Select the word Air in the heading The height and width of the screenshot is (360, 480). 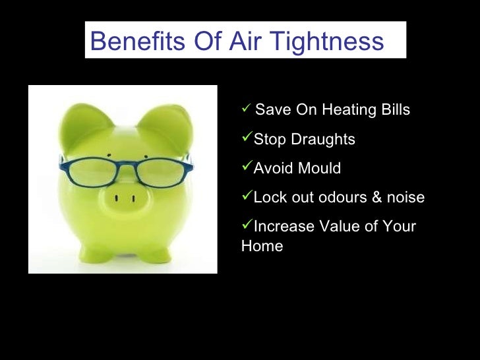(x=246, y=42)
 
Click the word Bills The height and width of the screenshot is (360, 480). (x=394, y=110)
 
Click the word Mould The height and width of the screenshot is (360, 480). (x=319, y=169)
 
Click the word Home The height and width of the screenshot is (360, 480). (x=262, y=247)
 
